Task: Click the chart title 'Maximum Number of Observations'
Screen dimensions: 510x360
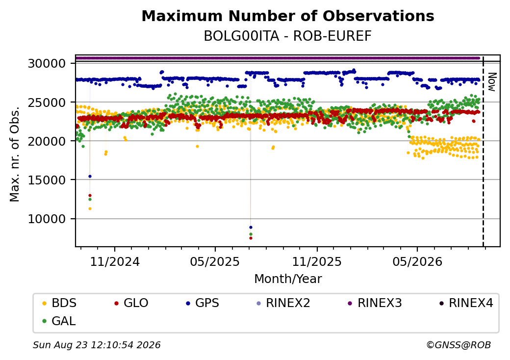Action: tap(288, 16)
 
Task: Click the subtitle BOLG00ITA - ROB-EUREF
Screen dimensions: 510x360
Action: tap(288, 36)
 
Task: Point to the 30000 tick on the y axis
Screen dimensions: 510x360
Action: tap(47, 63)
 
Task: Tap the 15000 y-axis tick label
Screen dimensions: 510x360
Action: tap(47, 180)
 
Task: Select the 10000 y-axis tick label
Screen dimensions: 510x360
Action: tap(47, 219)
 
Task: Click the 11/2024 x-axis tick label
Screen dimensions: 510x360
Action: tap(114, 261)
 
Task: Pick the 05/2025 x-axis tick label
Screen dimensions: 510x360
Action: tap(215, 261)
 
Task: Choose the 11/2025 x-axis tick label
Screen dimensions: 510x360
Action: tap(317, 261)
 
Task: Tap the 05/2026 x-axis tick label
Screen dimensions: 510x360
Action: tap(417, 261)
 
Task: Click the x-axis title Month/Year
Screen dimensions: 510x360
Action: tap(288, 279)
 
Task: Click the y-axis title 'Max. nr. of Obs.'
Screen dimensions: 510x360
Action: tap(14, 154)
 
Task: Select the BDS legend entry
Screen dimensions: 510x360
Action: tap(59, 303)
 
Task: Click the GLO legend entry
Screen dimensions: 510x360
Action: tap(131, 303)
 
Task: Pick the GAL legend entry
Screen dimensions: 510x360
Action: tap(59, 321)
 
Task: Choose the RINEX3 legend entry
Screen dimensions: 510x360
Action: tap(375, 303)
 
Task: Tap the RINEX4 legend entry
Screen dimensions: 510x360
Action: tap(466, 303)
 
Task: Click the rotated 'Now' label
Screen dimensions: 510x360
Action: tap(492, 82)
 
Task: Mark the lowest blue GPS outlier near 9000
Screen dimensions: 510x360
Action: tap(251, 227)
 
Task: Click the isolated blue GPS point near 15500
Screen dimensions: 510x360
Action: tap(90, 176)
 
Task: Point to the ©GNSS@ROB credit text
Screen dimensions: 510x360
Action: tap(459, 345)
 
